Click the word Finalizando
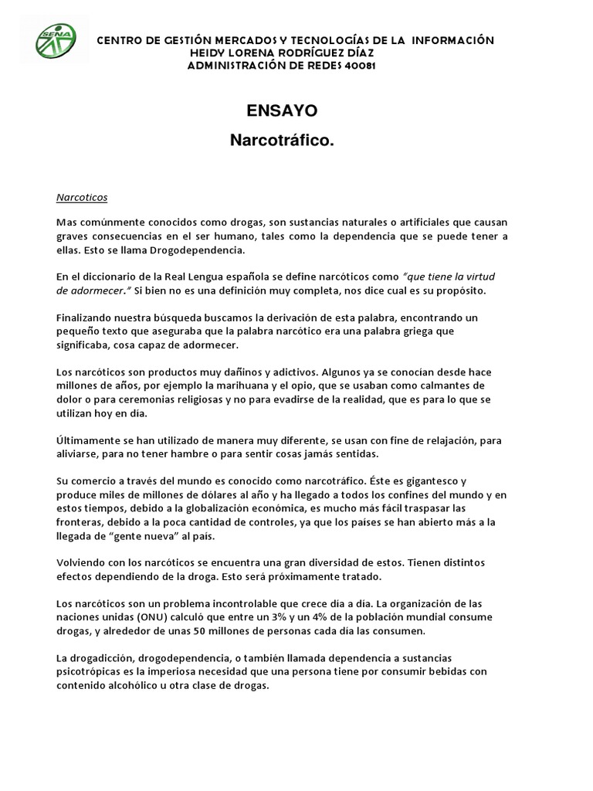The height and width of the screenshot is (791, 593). (86, 317)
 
